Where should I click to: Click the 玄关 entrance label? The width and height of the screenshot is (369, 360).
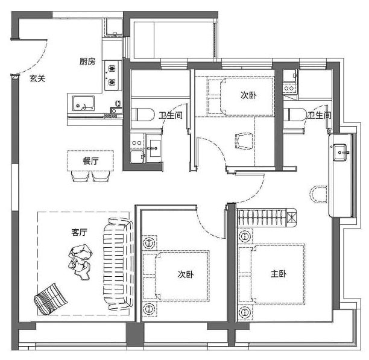click(37, 78)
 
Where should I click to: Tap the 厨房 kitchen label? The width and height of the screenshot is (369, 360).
click(87, 62)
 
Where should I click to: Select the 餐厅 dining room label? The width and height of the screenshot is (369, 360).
click(90, 161)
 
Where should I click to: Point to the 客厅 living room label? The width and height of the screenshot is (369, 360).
click(80, 232)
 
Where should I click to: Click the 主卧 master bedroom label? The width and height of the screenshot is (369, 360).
click(279, 274)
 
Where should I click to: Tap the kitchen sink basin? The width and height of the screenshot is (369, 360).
click(83, 103)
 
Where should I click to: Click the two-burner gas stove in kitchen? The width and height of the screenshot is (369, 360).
click(112, 75)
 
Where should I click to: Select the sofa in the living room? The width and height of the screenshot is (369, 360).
click(118, 264)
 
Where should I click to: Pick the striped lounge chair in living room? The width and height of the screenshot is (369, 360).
click(51, 299)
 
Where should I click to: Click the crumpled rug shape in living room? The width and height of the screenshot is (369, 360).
click(80, 262)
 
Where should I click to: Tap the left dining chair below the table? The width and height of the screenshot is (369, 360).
click(80, 176)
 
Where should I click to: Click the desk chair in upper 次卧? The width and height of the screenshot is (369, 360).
click(244, 141)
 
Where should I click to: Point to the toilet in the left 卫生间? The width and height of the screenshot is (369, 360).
click(143, 115)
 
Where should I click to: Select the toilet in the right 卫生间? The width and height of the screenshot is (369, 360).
click(295, 115)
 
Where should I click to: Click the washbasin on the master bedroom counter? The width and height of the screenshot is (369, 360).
click(340, 153)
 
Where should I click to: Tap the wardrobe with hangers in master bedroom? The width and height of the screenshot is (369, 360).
click(266, 217)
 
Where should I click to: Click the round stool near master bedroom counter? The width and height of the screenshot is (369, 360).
click(318, 194)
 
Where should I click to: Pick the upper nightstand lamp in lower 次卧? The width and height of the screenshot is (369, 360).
click(149, 242)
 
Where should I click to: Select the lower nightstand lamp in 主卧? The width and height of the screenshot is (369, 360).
click(245, 312)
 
